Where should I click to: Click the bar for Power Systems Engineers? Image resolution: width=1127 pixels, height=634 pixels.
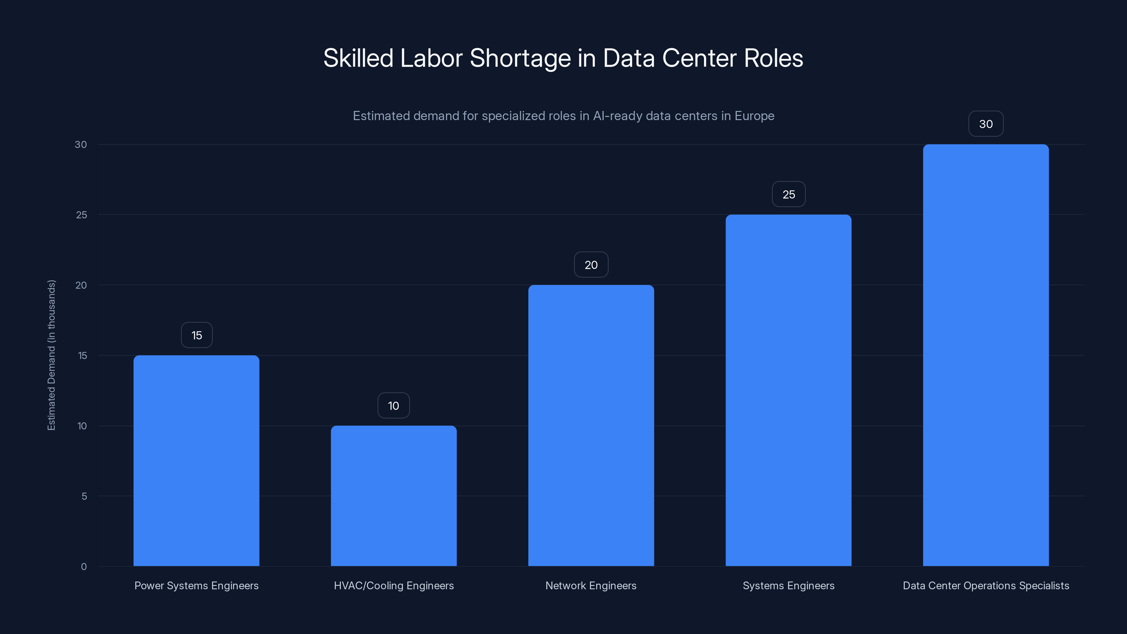[x=196, y=460]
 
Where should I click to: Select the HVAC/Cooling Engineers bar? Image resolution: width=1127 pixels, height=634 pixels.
[x=393, y=496]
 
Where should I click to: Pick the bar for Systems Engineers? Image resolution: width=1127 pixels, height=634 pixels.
[x=789, y=390]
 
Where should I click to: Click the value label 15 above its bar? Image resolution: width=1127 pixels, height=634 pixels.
[x=197, y=335]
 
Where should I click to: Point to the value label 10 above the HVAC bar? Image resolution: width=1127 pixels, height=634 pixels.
[x=393, y=406]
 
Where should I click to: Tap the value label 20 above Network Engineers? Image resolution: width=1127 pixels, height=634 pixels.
[x=591, y=265]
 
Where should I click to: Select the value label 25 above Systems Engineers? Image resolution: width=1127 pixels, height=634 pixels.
[x=789, y=194]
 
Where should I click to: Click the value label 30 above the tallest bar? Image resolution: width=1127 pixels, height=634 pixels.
[x=986, y=124]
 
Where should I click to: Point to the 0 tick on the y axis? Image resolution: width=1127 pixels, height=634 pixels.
[x=83, y=567]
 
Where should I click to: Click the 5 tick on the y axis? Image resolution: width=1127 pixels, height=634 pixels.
[x=84, y=496]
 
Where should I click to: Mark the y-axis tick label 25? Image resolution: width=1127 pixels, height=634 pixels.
[x=81, y=215]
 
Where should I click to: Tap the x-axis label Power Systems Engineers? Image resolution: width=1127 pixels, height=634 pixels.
[x=197, y=585]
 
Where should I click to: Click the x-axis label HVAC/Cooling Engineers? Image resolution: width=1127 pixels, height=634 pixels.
[x=394, y=585]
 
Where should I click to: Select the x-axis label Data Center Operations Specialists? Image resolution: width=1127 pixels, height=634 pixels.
[x=986, y=585]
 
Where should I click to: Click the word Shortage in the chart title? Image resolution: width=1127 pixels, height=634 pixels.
[x=520, y=58]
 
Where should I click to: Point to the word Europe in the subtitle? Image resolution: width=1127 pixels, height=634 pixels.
[x=754, y=116]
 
